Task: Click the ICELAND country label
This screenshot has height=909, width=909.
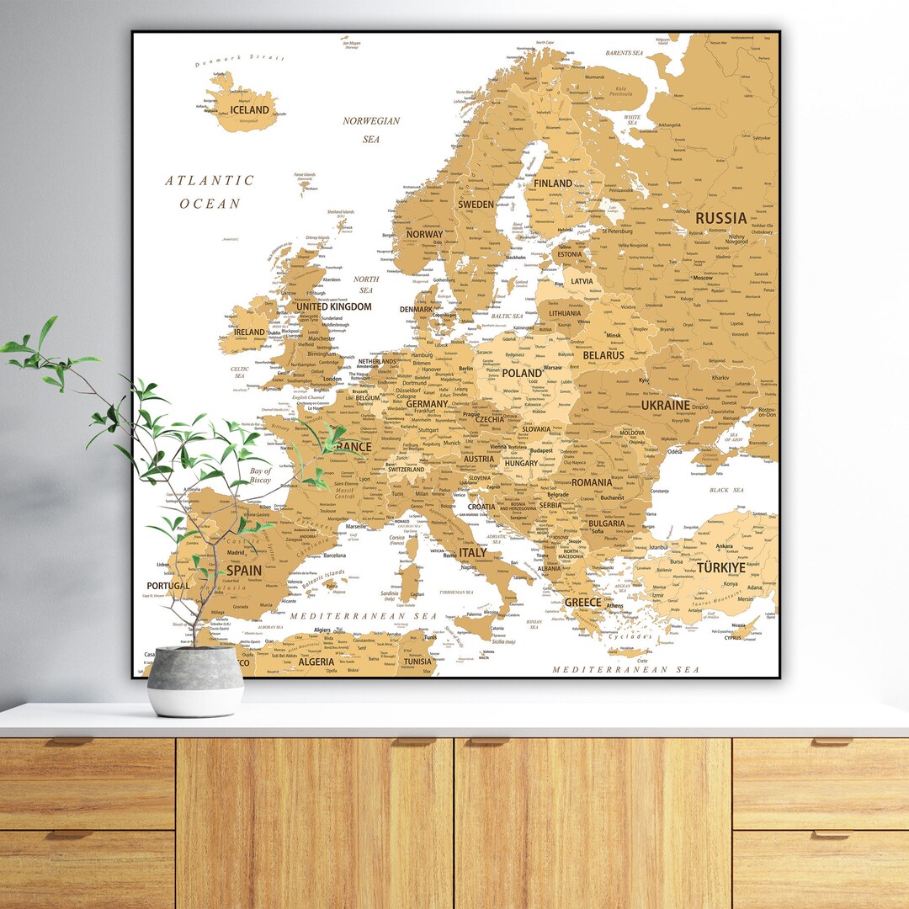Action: click(x=249, y=109)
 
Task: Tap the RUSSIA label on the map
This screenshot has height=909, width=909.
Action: click(x=720, y=218)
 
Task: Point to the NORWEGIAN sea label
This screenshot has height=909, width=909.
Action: click(x=371, y=121)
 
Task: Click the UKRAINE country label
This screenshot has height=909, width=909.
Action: click(x=666, y=405)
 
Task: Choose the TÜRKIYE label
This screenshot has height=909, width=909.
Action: click(x=720, y=568)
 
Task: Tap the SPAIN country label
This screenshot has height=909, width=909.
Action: click(x=244, y=570)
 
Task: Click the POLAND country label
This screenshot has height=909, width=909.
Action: click(x=522, y=373)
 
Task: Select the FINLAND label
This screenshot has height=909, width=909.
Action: click(x=553, y=183)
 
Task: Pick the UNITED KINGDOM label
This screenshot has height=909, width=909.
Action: click(x=332, y=307)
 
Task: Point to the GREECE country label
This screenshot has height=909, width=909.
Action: click(x=582, y=603)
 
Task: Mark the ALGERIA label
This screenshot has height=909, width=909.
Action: click(x=316, y=662)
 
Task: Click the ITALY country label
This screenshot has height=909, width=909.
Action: click(x=472, y=553)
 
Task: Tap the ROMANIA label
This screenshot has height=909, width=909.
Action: click(x=592, y=483)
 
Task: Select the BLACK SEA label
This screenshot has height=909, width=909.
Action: click(x=726, y=490)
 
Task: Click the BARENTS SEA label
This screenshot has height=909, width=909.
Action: click(x=624, y=53)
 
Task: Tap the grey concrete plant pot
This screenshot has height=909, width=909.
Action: click(x=195, y=680)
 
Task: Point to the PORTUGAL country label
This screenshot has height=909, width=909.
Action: click(x=168, y=586)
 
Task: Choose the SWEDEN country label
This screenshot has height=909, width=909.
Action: click(x=476, y=205)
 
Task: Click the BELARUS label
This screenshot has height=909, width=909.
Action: click(x=603, y=355)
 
